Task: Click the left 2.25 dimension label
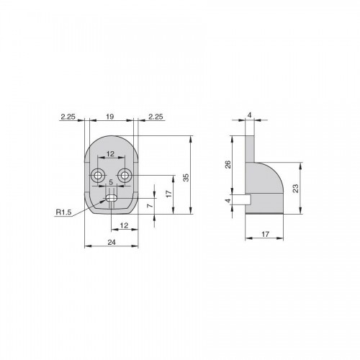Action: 68,117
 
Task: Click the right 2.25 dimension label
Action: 156,117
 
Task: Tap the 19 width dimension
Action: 109,117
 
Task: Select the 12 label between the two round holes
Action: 110,154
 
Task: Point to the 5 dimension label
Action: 111,182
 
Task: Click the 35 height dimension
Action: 186,177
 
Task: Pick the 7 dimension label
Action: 150,206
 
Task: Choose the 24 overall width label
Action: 112,243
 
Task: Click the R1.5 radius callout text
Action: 63,212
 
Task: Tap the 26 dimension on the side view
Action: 228,164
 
